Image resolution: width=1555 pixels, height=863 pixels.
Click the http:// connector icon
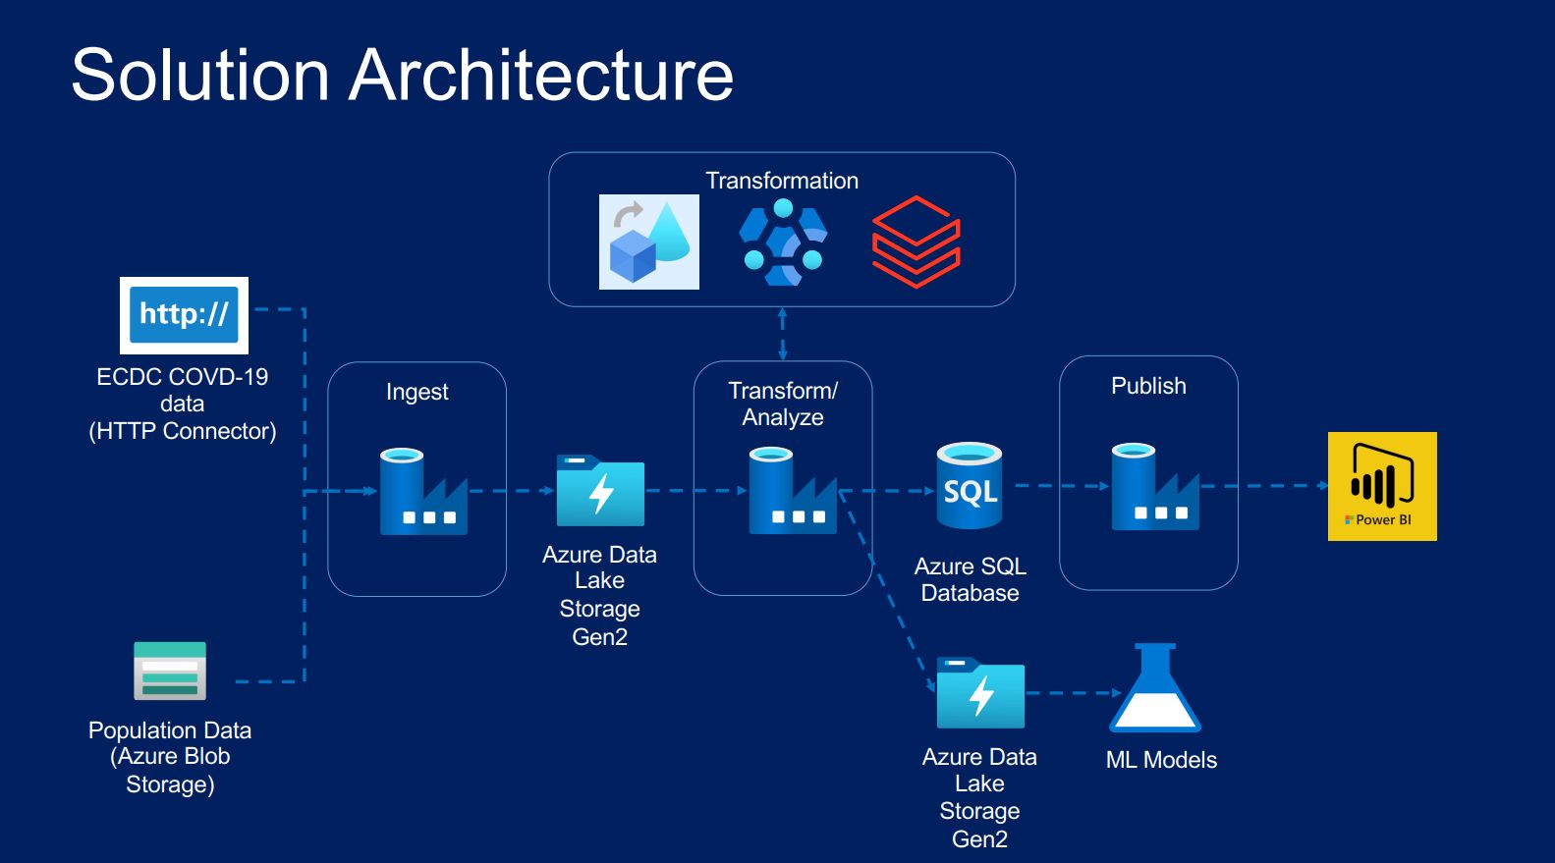click(184, 315)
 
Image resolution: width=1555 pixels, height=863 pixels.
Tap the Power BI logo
click(1382, 486)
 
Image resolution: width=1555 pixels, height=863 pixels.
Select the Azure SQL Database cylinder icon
click(969, 486)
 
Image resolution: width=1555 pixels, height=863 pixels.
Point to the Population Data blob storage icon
click(170, 671)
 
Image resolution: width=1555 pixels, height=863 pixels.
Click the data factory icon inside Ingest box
click(422, 492)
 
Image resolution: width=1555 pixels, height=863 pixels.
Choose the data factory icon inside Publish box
click(1154, 487)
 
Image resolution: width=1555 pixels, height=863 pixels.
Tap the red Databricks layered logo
click(916, 242)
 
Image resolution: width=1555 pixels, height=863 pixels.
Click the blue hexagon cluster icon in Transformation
click(783, 243)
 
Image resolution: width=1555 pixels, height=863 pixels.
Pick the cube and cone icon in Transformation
click(649, 242)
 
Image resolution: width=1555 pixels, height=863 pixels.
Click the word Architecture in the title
click(541, 76)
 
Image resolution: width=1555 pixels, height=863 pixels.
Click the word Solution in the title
click(200, 76)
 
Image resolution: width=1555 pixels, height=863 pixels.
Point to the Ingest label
click(417, 392)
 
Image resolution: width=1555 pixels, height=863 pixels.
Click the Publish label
click(1148, 386)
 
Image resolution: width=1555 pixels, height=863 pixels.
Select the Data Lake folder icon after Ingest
click(600, 491)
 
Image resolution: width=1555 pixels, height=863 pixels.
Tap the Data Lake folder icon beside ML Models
click(980, 693)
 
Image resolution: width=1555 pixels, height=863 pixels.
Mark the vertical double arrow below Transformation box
click(782, 334)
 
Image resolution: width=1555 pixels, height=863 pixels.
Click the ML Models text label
click(1161, 760)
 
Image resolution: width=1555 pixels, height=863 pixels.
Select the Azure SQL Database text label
click(970, 579)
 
